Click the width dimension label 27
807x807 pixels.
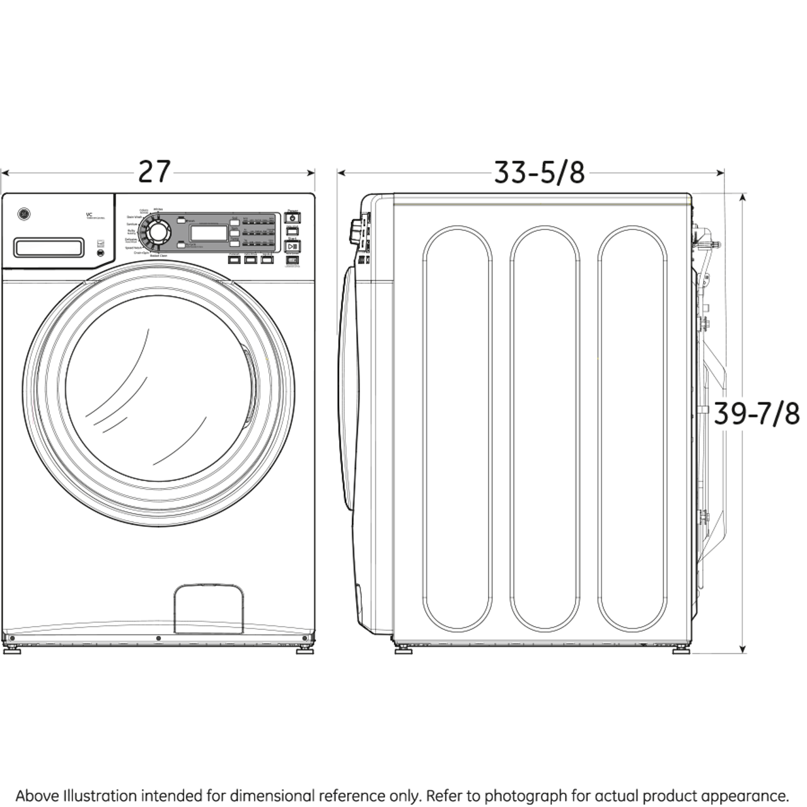pos(154,171)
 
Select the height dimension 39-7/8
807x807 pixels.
pos(757,414)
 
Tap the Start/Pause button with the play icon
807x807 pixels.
pos(293,246)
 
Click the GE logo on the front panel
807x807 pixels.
pos(23,216)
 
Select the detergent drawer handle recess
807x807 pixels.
pos(49,247)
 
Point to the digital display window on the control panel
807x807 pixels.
pos(209,233)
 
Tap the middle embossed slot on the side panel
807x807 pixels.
pos(544,428)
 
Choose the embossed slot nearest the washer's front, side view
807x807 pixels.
pos(457,428)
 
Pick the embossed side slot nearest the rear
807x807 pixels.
pos(632,428)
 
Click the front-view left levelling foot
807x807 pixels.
pos(11,647)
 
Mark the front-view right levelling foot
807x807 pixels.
pos(305,647)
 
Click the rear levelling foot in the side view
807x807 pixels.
pos(680,649)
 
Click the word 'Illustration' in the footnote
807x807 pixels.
pos(100,796)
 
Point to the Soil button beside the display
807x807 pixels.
pos(235,221)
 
